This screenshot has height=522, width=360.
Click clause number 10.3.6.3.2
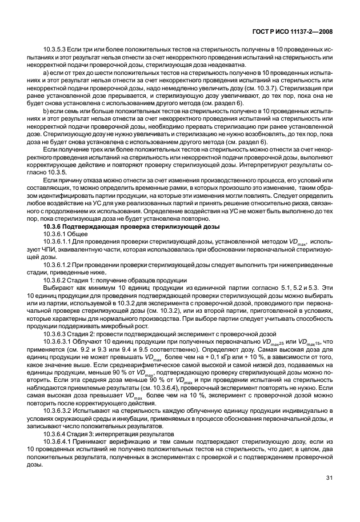pyautogui.click(x=58, y=410)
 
